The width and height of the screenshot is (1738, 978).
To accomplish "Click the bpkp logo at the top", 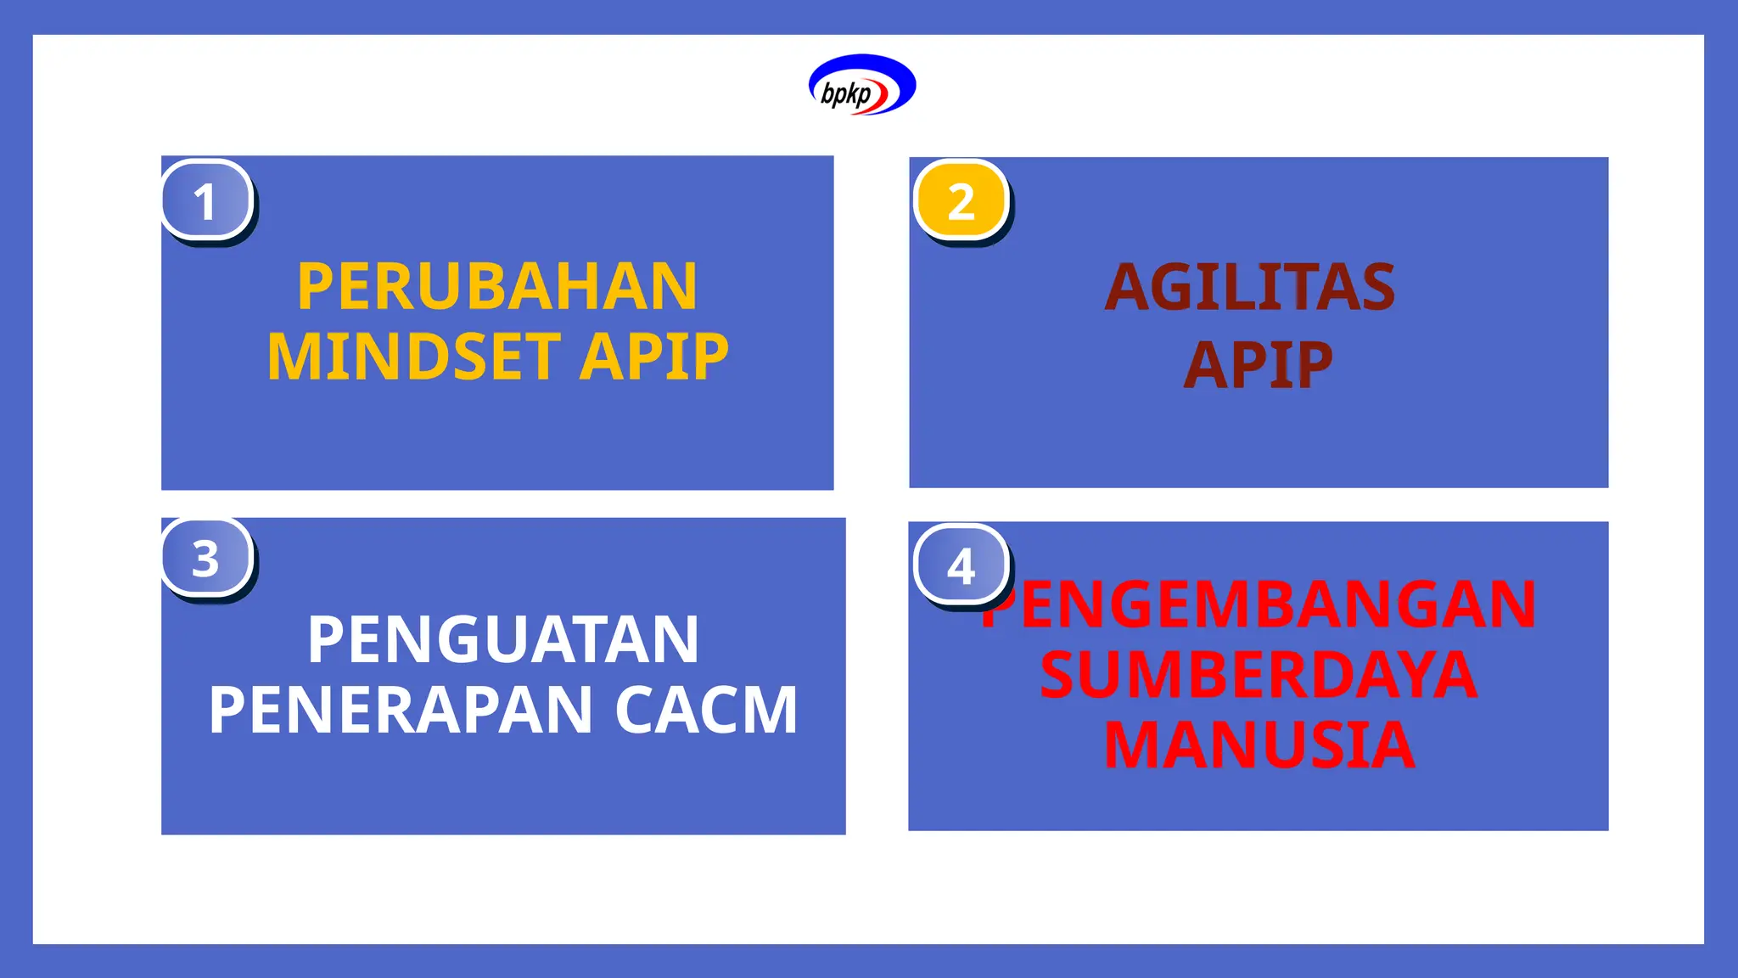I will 862,85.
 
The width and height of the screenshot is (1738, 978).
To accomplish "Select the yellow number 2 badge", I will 962,201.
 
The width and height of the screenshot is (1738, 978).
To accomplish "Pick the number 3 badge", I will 207,558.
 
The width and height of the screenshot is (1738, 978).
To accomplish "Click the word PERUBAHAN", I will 497,287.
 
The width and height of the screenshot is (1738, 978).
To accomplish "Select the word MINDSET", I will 413,357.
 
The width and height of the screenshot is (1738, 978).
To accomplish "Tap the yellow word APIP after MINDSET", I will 653,357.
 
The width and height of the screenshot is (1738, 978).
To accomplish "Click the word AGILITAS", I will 1250,288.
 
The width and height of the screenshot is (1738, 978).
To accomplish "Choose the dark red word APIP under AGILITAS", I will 1259,366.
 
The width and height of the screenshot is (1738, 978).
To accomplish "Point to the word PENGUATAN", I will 503,639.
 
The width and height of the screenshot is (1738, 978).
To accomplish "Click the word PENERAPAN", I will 401,710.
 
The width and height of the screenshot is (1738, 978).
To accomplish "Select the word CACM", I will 706,710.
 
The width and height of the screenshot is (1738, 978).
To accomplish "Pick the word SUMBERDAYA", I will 1259,675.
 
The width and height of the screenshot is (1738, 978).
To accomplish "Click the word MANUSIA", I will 1259,745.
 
